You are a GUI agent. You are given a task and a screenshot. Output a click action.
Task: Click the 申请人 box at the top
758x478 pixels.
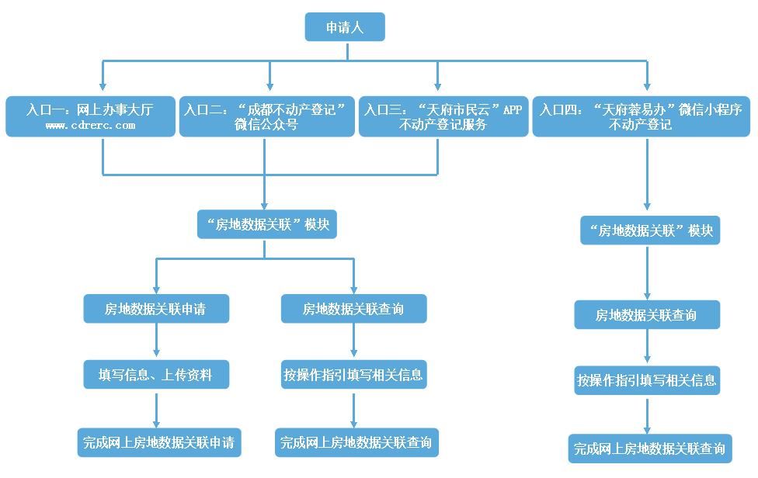345,27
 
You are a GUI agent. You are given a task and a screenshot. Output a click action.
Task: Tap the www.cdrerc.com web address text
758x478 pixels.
90,125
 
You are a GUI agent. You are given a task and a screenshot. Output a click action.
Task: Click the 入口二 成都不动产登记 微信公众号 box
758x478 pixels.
266,116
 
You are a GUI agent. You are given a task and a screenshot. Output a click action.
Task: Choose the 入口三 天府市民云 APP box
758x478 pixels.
443,116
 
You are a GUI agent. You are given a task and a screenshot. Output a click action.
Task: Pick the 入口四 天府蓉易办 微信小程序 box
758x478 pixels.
642,116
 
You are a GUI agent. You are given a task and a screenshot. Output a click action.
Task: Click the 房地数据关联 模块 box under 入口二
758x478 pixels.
267,224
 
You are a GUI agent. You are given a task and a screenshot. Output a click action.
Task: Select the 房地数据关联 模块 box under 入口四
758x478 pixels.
649,230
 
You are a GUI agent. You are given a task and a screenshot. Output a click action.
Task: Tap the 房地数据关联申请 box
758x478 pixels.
155,309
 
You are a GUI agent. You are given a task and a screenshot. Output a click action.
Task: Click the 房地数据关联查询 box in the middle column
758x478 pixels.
353,309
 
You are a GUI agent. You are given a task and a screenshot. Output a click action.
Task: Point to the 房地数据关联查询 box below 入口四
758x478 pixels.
646,315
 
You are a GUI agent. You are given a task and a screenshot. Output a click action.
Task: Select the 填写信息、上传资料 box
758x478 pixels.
155,376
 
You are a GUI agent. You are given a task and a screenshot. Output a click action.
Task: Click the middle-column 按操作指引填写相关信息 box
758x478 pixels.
353,376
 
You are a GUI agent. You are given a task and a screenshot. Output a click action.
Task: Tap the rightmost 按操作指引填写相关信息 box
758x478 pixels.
646,381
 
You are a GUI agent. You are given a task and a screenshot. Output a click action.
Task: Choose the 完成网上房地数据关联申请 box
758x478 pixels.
159,442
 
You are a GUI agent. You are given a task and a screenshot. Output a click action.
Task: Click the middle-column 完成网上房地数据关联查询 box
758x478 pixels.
356,442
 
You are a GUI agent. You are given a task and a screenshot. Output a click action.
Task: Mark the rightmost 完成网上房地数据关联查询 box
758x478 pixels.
649,449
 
